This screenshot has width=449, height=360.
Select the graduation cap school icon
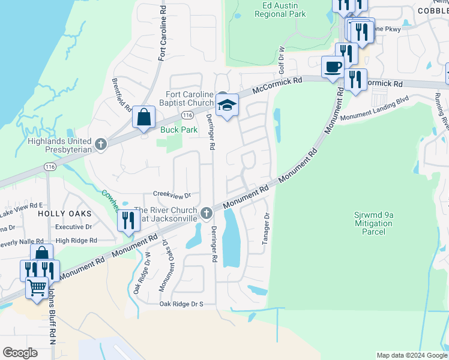pyautogui.click(x=227, y=106)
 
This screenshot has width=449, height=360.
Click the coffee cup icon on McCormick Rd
pyautogui.click(x=332, y=67)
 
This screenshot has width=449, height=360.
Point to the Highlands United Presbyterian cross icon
pyautogui.click(x=100, y=144)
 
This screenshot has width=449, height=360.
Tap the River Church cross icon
pyautogui.click(x=206, y=212)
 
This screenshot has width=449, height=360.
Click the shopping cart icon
pyautogui.click(x=37, y=288)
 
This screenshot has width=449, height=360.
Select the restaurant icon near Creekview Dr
pyautogui.click(x=128, y=220)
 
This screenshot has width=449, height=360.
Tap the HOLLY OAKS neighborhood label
pyautogui.click(x=65, y=214)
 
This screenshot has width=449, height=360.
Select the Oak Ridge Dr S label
pyautogui.click(x=181, y=304)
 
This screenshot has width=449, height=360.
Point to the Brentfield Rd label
pyautogui.click(x=121, y=95)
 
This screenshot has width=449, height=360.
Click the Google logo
pyautogui.click(x=20, y=352)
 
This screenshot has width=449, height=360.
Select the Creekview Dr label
pyautogui.click(x=172, y=195)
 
